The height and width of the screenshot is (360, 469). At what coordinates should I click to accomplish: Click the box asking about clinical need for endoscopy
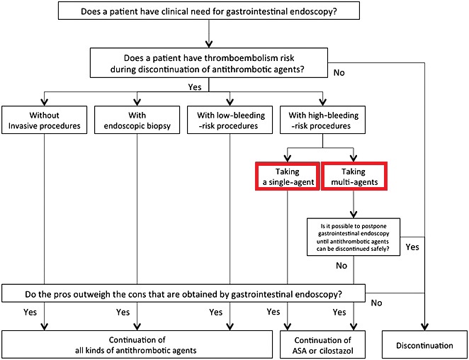209,11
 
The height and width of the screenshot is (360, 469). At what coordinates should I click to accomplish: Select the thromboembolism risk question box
209,63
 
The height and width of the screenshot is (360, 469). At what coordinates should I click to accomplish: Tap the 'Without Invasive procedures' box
44,120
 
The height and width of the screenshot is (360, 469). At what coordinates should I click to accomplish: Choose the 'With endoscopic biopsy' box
137,120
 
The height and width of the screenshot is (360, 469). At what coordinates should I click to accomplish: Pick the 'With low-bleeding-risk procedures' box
230,120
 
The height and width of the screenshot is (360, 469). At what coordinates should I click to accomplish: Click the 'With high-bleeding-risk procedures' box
322,120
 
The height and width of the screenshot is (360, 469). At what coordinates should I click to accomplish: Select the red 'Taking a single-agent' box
288,176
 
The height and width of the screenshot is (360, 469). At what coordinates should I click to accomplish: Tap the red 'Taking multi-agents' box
354,176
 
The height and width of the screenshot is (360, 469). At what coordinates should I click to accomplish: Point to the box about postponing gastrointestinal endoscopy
354,237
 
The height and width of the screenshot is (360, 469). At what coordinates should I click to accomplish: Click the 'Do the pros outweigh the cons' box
183,293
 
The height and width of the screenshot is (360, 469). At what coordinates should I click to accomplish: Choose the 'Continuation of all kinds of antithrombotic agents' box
137,344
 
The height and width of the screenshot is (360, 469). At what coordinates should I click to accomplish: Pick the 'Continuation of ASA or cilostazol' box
322,344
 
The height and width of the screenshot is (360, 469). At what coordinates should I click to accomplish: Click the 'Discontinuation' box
425,344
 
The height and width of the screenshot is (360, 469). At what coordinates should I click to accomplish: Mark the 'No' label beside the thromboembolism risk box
339,73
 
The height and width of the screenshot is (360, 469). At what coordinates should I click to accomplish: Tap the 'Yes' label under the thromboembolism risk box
195,87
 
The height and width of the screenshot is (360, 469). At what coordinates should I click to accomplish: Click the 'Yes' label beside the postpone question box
412,247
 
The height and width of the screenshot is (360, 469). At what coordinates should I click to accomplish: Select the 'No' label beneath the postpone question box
341,266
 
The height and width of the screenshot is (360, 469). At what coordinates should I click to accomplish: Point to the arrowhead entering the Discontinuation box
425,327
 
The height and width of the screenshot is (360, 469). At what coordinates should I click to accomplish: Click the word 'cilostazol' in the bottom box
337,350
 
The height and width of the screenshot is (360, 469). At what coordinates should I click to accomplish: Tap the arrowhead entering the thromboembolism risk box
209,44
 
